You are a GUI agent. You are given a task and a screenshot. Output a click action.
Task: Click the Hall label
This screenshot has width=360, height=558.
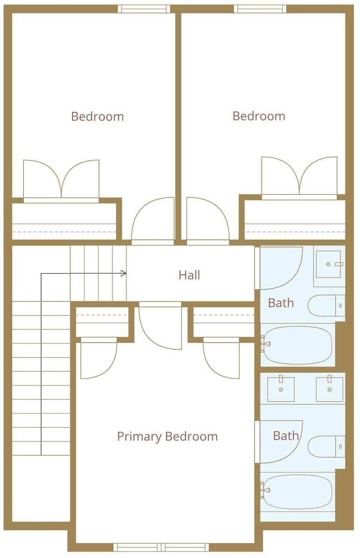click(x=189, y=275)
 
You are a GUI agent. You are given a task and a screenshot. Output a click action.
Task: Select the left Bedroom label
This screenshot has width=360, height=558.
click(x=97, y=116)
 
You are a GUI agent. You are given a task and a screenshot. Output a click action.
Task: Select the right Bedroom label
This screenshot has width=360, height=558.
click(x=259, y=116)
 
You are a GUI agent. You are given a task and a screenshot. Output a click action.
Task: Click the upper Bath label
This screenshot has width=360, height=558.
click(x=281, y=303)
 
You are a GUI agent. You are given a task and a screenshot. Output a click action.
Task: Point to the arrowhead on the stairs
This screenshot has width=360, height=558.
click(x=123, y=273)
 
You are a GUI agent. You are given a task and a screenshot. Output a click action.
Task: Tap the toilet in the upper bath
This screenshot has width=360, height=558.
click(x=327, y=305)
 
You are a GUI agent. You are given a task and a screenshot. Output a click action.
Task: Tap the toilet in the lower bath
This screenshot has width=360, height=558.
click(x=327, y=446)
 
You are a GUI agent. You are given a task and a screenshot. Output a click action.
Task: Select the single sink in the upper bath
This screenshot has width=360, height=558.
click(x=328, y=264)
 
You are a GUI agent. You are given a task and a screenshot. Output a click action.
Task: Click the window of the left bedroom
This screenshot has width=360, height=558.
click(x=144, y=9)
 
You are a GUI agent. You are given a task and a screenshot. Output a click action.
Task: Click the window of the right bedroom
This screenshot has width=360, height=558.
click(x=260, y=9)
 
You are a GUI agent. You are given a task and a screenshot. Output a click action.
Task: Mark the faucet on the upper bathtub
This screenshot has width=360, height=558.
click(x=266, y=344)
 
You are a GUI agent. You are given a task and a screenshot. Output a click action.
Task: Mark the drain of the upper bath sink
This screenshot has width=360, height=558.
click(x=328, y=264)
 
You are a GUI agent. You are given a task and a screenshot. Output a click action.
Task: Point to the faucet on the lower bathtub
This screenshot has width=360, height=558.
click(x=266, y=490)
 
